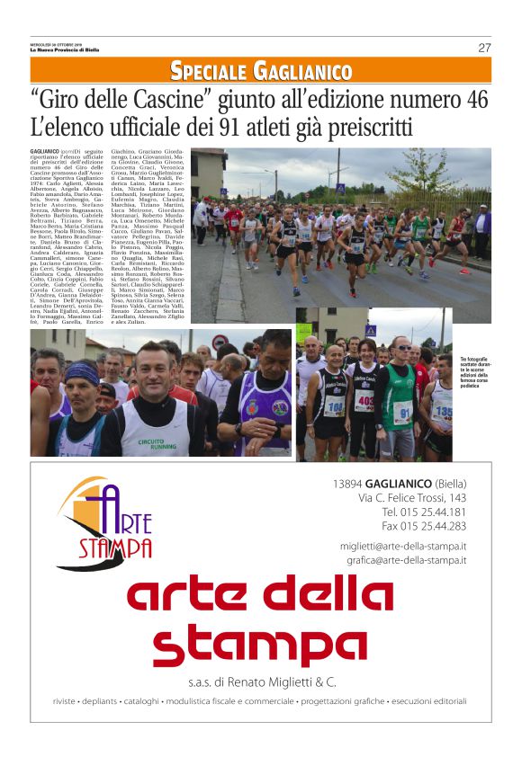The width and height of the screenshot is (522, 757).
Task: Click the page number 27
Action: (484, 48)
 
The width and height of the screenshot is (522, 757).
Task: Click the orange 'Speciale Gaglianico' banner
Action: (261, 71)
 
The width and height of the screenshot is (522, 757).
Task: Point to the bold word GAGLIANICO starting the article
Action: (45, 151)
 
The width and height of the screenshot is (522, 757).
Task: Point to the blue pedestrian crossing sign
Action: (370, 331)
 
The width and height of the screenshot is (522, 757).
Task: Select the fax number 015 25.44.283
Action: (424, 526)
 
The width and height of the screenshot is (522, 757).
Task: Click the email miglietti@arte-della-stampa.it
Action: (403, 546)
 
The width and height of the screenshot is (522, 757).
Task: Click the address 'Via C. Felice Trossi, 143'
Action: (412, 497)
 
